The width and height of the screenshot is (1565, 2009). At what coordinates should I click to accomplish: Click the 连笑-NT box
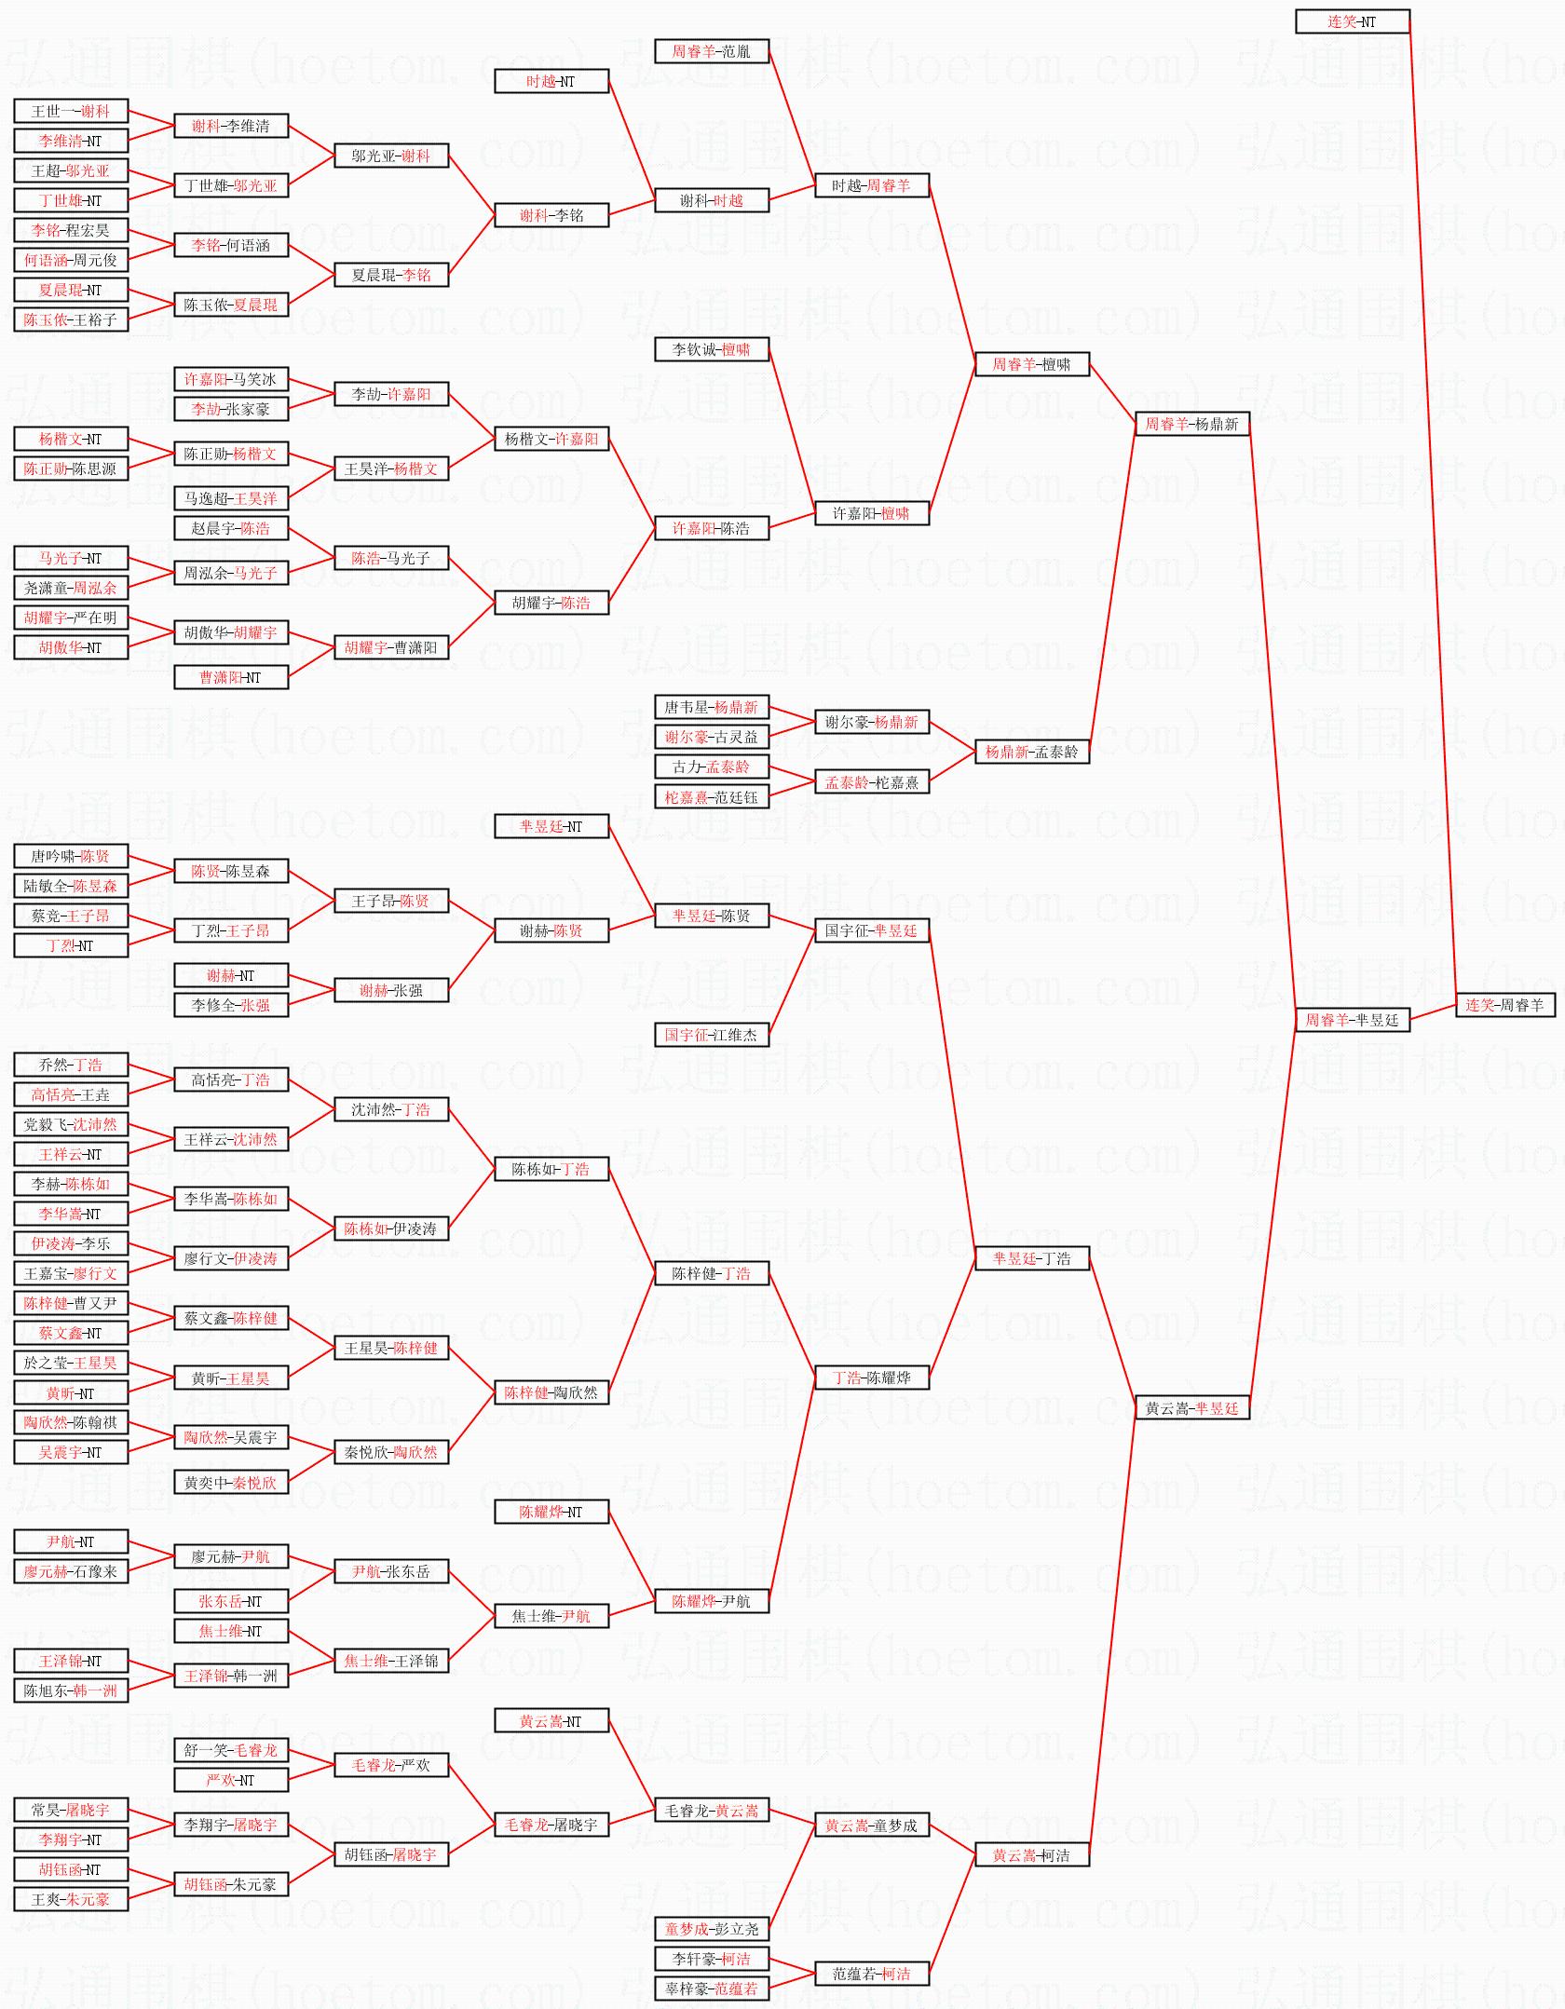pos(1352,21)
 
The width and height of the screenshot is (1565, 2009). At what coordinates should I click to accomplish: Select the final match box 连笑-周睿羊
pos(1504,1005)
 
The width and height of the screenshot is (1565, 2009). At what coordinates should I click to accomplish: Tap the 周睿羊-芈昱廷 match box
pos(1352,1020)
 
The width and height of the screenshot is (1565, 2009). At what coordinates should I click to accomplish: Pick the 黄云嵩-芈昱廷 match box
pos(1191,1408)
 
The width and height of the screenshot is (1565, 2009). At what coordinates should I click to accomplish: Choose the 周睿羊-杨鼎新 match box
pos(1191,424)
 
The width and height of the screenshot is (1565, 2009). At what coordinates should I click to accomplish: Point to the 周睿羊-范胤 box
pos(711,51)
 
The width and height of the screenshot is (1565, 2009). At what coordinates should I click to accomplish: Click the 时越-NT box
pos(551,81)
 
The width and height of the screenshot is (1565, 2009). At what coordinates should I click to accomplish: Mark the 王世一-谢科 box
pos(71,111)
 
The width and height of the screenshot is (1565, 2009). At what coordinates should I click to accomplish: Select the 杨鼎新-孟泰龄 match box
pos(1031,752)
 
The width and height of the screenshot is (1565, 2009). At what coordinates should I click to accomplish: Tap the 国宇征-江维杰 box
pos(711,1035)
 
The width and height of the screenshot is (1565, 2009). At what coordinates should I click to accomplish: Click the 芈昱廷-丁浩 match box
pos(1031,1258)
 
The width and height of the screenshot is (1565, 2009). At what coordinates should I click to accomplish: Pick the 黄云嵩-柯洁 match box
pos(1031,1854)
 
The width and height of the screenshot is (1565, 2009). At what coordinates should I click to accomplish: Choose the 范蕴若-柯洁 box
pos(871,1973)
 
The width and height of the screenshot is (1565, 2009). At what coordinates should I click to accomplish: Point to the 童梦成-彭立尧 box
pos(711,1928)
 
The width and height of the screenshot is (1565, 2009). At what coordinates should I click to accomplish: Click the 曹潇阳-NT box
pos(231,677)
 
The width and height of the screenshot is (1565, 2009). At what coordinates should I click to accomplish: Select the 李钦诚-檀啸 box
pos(711,349)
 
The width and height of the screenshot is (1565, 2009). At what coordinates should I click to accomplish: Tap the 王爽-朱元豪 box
pos(71,1898)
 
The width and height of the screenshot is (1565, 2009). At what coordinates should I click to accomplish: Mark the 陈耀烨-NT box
pos(551,1512)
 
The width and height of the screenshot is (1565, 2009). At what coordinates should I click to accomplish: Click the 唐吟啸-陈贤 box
pos(71,856)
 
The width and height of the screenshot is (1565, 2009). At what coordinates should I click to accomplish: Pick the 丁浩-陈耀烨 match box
pos(871,1378)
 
